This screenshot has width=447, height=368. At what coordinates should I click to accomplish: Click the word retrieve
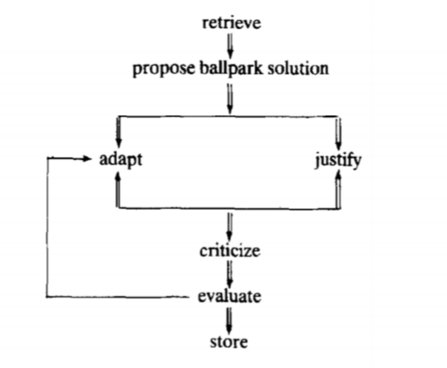[231, 23]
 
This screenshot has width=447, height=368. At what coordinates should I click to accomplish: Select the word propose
[164, 69]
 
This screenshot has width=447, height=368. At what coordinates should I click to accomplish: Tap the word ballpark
[231, 69]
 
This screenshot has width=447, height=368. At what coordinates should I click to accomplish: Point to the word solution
[298, 69]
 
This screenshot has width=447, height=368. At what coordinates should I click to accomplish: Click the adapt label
[121, 160]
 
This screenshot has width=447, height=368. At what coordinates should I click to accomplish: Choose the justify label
[338, 160]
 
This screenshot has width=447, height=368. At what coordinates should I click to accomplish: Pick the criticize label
[230, 251]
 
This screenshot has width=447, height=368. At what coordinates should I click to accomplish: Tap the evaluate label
[230, 297]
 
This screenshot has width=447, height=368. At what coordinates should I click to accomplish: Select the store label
[229, 342]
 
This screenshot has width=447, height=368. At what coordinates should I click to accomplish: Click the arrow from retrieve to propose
[231, 45]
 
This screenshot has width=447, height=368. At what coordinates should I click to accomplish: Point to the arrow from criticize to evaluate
[230, 274]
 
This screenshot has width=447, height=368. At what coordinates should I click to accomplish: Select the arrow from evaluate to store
[229, 320]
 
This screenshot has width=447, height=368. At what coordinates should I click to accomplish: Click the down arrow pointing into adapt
[118, 132]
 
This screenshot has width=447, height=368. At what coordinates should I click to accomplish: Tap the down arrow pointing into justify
[338, 134]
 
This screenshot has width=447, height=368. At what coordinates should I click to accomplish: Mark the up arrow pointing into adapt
[118, 189]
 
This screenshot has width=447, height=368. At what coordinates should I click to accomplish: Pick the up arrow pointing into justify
[338, 189]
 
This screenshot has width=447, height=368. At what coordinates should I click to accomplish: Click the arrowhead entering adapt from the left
[86, 159]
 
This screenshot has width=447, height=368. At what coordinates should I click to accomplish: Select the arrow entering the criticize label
[230, 227]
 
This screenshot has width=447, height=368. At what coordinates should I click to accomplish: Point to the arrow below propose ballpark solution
[230, 99]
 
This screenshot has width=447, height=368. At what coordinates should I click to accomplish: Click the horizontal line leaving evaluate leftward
[117, 297]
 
